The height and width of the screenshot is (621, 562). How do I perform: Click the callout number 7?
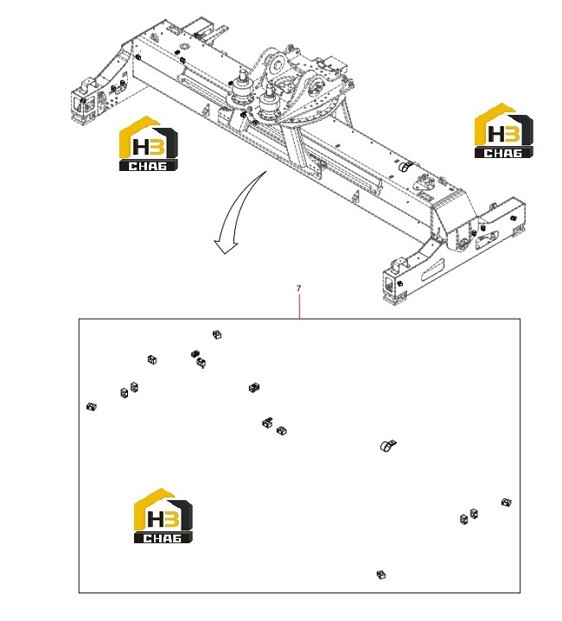(299, 288)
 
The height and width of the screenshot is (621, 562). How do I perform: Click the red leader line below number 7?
(299, 306)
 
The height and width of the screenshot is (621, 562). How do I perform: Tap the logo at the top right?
(504, 130)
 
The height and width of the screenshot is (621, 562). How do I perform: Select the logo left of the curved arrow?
(149, 143)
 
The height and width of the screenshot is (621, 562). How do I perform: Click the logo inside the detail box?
(163, 516)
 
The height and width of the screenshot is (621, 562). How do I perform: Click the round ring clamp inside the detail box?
(388, 446)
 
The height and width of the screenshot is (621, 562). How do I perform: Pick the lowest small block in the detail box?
(381, 574)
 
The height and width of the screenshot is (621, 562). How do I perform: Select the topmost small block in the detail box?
(217, 334)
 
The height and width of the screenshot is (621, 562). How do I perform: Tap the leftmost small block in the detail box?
(92, 406)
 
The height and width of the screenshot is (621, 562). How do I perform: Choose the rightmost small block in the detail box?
(507, 503)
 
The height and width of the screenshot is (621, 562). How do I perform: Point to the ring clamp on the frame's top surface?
(406, 167)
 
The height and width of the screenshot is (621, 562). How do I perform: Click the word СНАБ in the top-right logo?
(503, 153)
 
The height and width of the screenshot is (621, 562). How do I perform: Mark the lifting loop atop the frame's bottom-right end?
(399, 264)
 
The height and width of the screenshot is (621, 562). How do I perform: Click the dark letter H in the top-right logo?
(496, 134)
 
